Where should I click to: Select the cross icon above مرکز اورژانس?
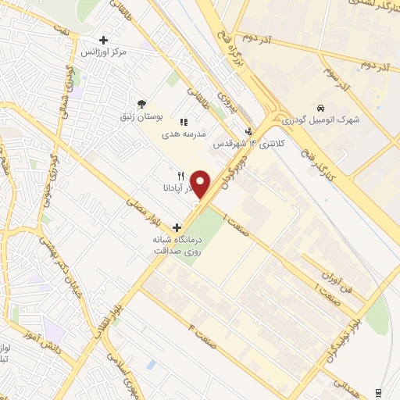pyautogui.click(x=104, y=40)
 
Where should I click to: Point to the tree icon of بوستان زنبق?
pyautogui.click(x=141, y=104)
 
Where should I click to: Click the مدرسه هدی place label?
pyautogui.click(x=184, y=134)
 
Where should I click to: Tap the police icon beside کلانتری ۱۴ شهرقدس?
pyautogui.click(x=248, y=131)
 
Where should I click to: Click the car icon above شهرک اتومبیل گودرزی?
pyautogui.click(x=320, y=108)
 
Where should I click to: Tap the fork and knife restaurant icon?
pyautogui.click(x=180, y=176)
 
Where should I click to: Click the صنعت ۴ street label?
pyautogui.click(x=197, y=324)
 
